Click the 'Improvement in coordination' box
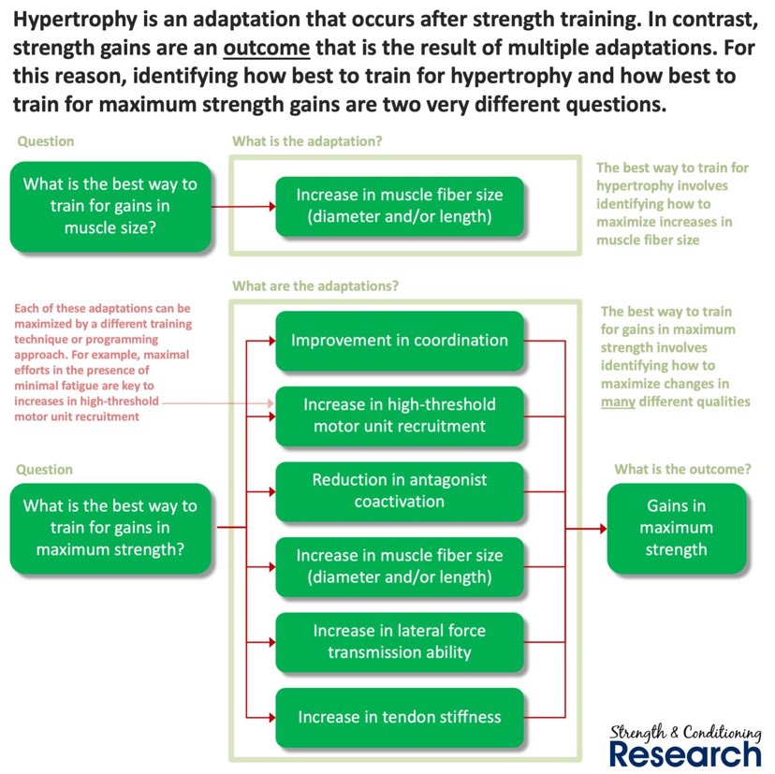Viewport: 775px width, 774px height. (x=400, y=340)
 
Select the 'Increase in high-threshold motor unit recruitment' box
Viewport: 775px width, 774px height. (x=400, y=416)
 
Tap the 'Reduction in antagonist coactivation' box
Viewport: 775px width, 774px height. (x=400, y=490)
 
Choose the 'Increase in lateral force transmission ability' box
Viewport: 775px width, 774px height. (x=400, y=641)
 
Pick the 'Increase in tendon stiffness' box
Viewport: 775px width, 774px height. (x=400, y=717)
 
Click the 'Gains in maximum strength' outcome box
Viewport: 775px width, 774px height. (x=676, y=528)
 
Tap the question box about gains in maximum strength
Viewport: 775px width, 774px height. (x=110, y=528)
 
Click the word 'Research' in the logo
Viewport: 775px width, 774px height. (x=685, y=753)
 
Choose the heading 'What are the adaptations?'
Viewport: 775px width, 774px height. (x=315, y=285)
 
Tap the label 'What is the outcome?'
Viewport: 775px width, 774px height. (x=681, y=469)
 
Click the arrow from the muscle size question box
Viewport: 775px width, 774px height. (x=243, y=206)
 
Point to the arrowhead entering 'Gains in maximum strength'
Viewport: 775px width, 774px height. (x=600, y=529)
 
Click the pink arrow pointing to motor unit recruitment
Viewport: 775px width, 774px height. (x=215, y=402)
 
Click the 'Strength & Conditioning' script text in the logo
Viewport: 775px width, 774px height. (x=685, y=732)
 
